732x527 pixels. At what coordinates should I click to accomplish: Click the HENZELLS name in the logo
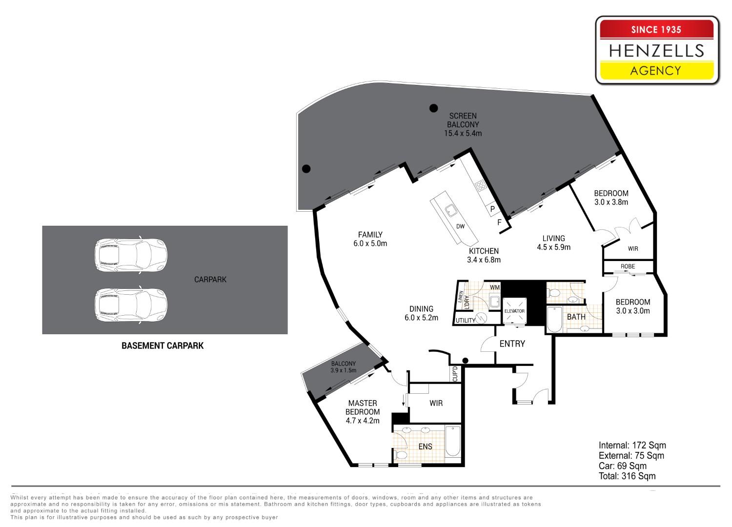(x=656, y=51)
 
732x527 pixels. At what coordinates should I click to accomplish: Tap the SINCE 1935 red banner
(x=656, y=30)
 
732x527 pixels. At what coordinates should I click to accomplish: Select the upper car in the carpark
(x=131, y=255)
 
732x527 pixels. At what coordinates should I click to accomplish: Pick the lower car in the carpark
(x=131, y=305)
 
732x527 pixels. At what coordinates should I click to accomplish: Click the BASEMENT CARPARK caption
(x=163, y=345)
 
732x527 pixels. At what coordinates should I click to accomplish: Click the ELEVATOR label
(x=514, y=311)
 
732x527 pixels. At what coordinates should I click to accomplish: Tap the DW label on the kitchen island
(x=460, y=226)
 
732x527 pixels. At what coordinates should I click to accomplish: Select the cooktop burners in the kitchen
(x=481, y=186)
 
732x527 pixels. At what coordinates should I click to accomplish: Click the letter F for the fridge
(x=499, y=223)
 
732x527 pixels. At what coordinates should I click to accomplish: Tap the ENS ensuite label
(x=425, y=446)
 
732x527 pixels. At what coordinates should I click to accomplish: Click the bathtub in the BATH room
(x=554, y=319)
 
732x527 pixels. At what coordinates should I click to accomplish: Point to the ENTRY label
(x=512, y=344)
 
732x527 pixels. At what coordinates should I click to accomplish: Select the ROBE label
(x=628, y=266)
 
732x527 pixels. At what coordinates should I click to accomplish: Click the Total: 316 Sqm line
(x=627, y=476)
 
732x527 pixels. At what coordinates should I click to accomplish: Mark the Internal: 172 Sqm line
(x=632, y=446)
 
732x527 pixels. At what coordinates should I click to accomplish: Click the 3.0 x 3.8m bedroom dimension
(x=611, y=202)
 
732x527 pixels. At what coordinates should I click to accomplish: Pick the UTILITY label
(x=466, y=321)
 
